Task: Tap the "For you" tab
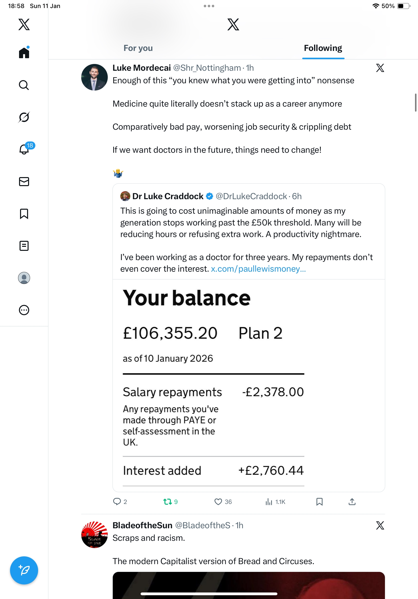click(138, 48)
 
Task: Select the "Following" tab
click(323, 48)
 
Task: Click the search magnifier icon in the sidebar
click(24, 85)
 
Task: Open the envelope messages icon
click(24, 182)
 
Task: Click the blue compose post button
click(24, 570)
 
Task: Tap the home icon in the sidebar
click(24, 53)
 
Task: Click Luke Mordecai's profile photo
click(94, 77)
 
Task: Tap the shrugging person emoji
click(118, 173)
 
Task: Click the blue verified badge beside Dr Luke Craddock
click(210, 196)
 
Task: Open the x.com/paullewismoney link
click(258, 269)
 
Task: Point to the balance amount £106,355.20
click(170, 333)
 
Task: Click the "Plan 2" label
click(260, 333)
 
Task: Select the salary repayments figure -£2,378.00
click(273, 392)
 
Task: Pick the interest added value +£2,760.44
click(271, 471)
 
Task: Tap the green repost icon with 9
click(168, 502)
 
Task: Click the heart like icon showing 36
click(218, 502)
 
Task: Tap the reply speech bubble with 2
click(117, 502)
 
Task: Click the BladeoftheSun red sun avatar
click(94, 535)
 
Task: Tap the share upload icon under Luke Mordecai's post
click(352, 502)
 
